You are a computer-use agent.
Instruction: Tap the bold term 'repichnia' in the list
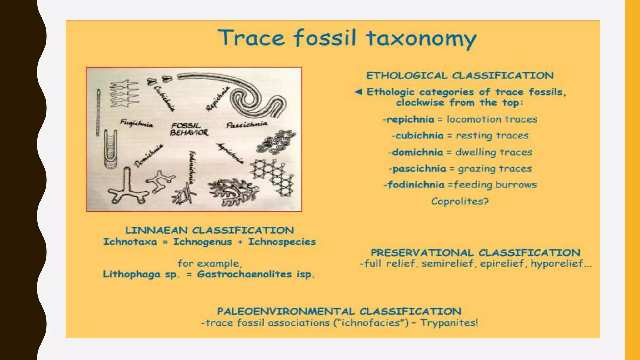(411, 119)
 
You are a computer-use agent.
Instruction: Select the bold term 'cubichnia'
(419, 136)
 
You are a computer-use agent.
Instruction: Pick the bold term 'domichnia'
(417, 152)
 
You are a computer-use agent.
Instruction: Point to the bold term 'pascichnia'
(419, 169)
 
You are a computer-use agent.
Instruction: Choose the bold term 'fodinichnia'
(416, 185)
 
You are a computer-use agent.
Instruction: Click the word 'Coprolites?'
(460, 201)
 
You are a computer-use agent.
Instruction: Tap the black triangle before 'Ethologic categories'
(358, 92)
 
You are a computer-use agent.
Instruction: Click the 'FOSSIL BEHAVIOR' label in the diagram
(189, 129)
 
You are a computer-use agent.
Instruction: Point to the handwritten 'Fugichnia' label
(137, 123)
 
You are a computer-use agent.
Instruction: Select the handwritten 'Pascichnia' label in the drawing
(247, 124)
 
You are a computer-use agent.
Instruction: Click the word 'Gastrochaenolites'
(245, 274)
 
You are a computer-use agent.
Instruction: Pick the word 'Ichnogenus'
(202, 242)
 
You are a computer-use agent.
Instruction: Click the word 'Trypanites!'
(449, 322)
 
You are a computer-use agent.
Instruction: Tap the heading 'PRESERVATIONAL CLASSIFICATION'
(475, 252)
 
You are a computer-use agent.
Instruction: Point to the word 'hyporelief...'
(561, 264)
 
